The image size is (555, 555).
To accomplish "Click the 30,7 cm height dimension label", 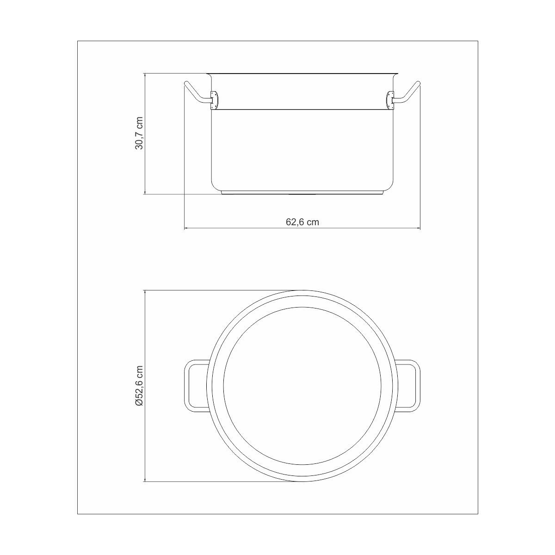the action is click(139, 133).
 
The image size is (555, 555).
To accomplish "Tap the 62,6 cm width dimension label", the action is click(302, 222).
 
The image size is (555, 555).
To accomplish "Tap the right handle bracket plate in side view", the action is click(390, 100).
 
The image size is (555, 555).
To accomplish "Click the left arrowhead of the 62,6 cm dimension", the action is click(186, 228).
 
